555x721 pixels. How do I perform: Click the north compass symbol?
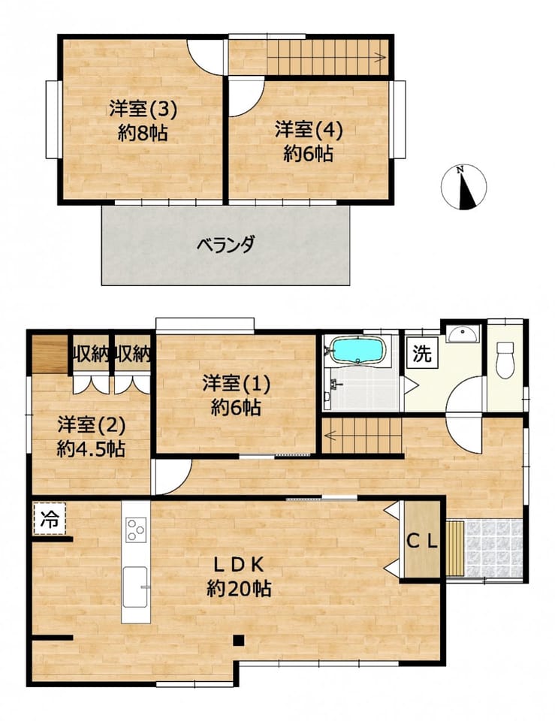[463, 187]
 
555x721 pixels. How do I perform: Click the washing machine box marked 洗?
[422, 353]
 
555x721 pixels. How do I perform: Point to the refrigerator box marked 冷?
[50, 519]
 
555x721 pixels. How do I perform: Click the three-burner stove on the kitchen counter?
[137, 529]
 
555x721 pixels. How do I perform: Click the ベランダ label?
[225, 245]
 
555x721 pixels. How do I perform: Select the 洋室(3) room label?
[143, 109]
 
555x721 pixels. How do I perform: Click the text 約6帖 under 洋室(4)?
[308, 153]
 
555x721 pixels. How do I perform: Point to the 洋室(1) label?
[237, 384]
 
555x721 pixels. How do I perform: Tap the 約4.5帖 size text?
[91, 448]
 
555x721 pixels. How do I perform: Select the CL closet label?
[421, 542]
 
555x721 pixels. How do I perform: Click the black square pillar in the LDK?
[238, 640]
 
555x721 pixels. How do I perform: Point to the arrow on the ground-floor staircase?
[363, 435]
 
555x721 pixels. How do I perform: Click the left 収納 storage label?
[91, 354]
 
